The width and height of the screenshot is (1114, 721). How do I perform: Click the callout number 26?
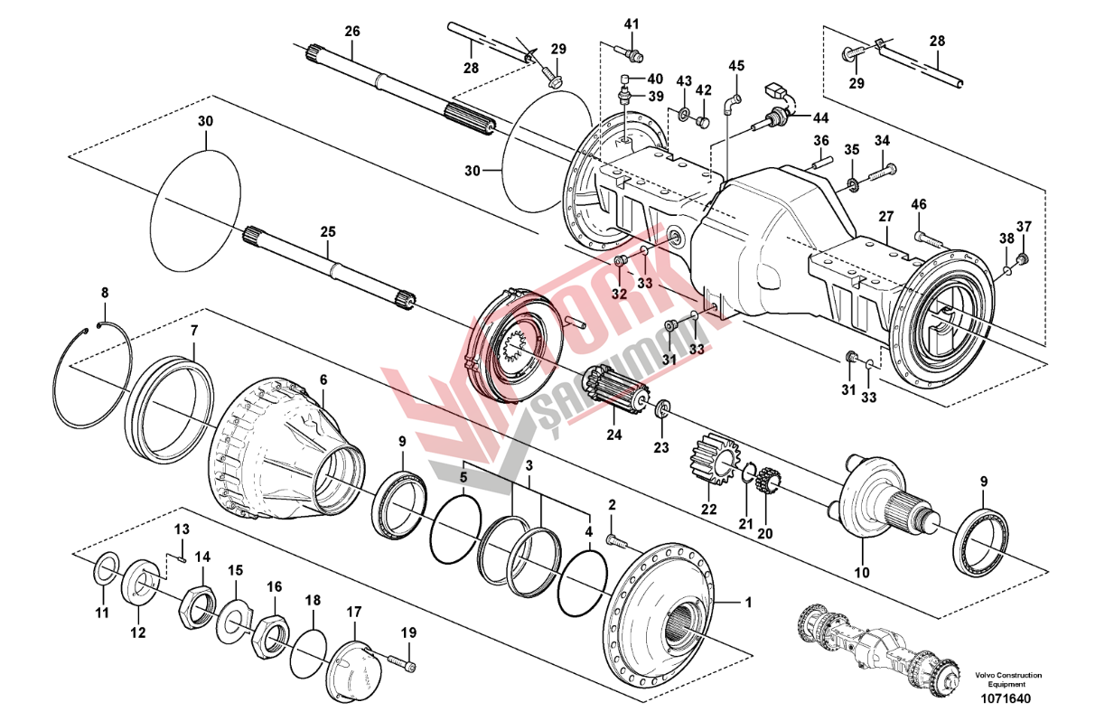pos(352,31)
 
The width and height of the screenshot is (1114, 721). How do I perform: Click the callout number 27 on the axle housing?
pos(885,217)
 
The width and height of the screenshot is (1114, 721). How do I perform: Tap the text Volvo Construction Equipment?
pos(1007,679)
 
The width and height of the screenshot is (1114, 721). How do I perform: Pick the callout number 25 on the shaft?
pos(328,232)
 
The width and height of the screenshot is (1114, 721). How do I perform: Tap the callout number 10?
pos(861,572)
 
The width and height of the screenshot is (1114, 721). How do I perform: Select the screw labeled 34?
pos(881,170)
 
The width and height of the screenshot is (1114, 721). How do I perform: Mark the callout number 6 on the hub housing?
pos(323,381)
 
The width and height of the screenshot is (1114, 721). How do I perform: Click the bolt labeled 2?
pos(615,539)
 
